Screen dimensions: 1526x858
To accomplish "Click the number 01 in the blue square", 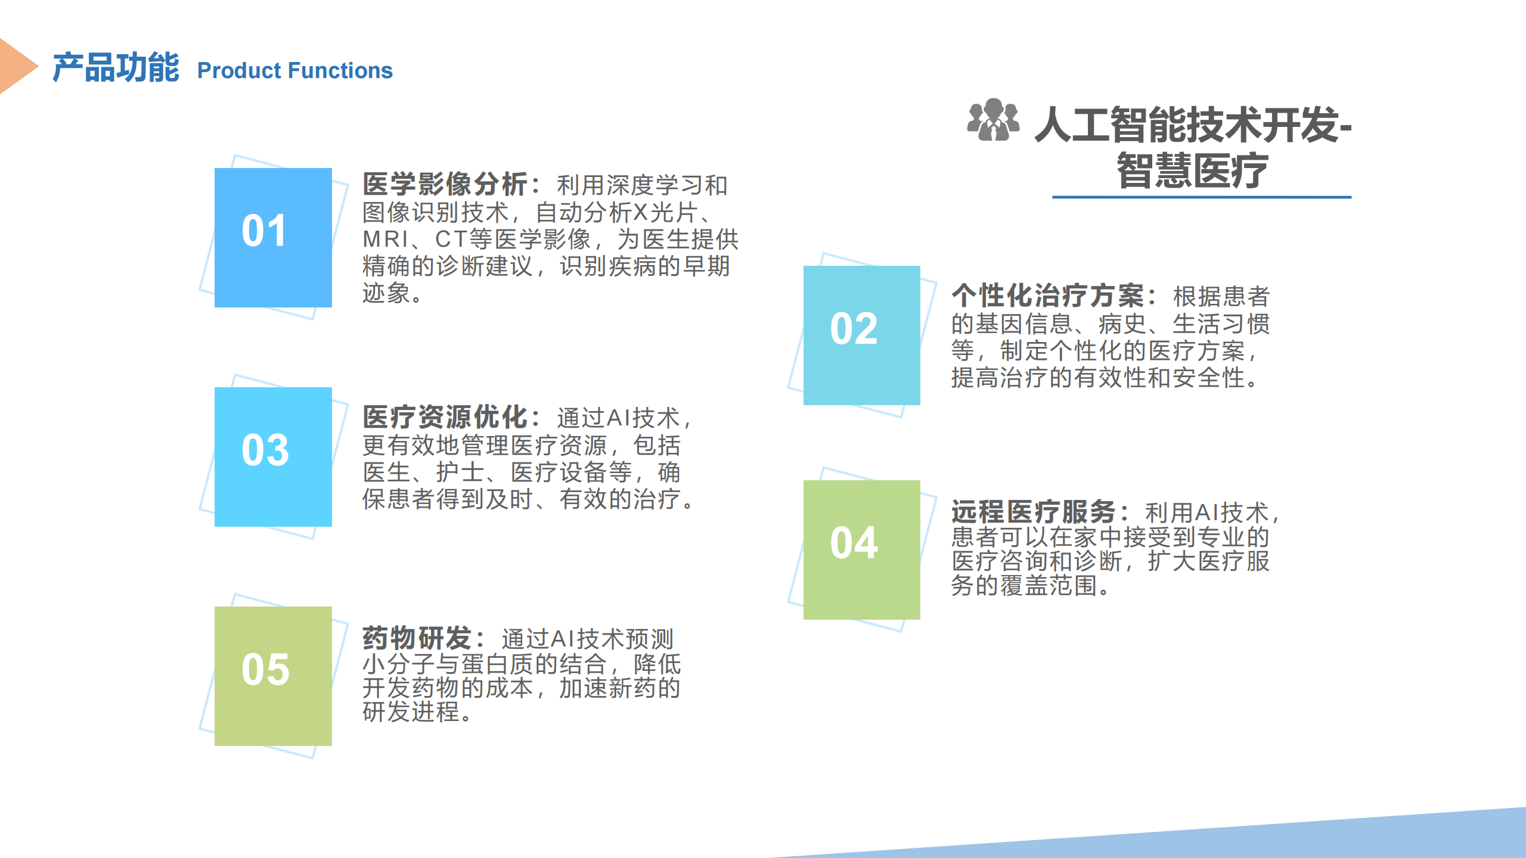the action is pyautogui.click(x=264, y=231).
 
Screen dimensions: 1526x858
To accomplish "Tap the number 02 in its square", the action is pyautogui.click(x=854, y=328).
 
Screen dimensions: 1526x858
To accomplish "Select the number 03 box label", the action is pyautogui.click(x=265, y=450).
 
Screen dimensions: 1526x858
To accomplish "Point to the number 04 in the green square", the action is pyautogui.click(x=854, y=543).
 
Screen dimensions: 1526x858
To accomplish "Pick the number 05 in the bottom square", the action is pyautogui.click(x=265, y=669).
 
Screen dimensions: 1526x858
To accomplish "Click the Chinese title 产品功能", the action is pyautogui.click(x=116, y=67).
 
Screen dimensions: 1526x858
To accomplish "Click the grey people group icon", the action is pyautogui.click(x=993, y=120).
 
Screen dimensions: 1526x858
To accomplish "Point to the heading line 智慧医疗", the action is pyautogui.click(x=1192, y=170).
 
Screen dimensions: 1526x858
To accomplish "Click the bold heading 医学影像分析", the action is pyautogui.click(x=445, y=184).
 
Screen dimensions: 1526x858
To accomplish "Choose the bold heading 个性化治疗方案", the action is pyautogui.click(x=1047, y=295).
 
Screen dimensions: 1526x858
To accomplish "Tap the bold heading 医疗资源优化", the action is pyautogui.click(x=445, y=417).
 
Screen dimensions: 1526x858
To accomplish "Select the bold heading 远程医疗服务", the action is pyautogui.click(x=1033, y=512).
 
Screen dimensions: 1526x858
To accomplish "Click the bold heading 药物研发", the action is pyautogui.click(x=417, y=638).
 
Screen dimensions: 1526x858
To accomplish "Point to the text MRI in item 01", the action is pyautogui.click(x=386, y=239).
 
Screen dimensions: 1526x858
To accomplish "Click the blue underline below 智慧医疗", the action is pyautogui.click(x=1202, y=197).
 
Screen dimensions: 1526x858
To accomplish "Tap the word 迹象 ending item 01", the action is pyautogui.click(x=386, y=293).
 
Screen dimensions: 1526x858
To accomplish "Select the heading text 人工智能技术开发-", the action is pyautogui.click(x=1193, y=125).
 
